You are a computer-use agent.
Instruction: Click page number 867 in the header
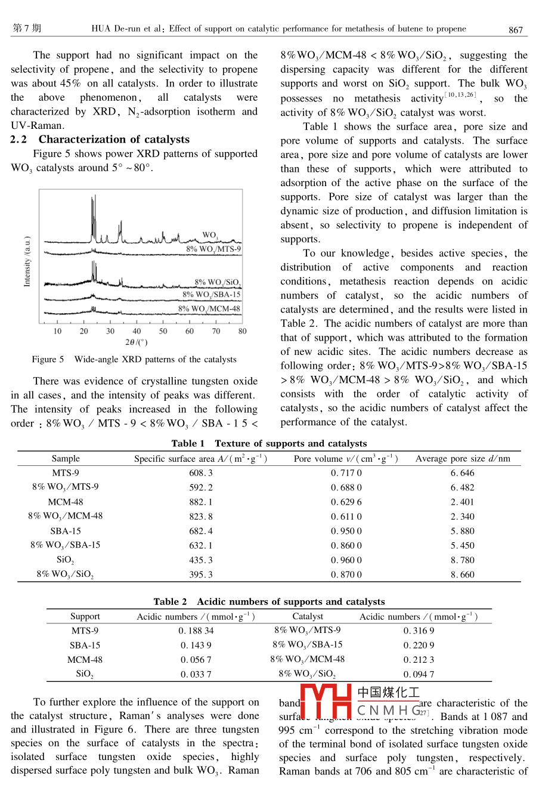pos(516,29)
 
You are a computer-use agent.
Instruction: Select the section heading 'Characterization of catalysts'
pos(114,140)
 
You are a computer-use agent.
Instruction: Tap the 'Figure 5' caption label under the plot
pos(48,360)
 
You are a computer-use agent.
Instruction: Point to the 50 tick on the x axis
pos(163,331)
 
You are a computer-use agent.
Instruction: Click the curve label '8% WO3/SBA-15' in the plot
pos(211,295)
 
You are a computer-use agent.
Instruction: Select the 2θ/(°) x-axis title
pos(137,342)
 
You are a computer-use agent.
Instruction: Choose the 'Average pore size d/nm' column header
pos(463,459)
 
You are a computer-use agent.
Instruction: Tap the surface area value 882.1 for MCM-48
pos(201,502)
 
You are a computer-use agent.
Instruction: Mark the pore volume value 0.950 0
pos(346,531)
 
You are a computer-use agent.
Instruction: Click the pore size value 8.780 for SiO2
pos(463,560)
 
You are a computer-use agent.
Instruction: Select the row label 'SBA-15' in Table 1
pos(66,531)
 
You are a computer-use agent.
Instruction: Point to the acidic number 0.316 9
pos(419,631)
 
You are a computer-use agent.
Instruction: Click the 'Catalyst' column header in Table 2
pos(308,616)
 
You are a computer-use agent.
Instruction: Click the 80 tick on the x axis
pos(242,331)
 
